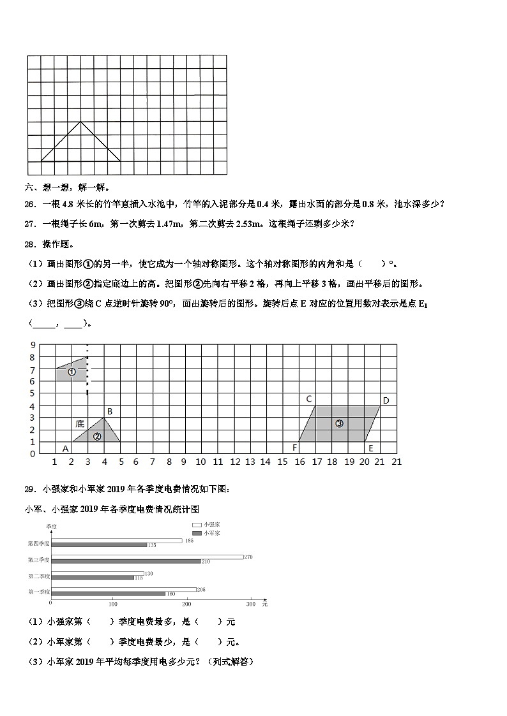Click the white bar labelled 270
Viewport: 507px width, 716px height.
pyautogui.click(x=147, y=557)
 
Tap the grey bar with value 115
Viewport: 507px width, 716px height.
pyautogui.click(x=92, y=578)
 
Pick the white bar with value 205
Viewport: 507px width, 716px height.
pyautogui.click(x=123, y=588)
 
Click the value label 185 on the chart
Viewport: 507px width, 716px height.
pyautogui.click(x=189, y=541)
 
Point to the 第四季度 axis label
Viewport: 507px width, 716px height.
pyautogui.click(x=38, y=543)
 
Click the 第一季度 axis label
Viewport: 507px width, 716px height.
pyautogui.click(x=38, y=592)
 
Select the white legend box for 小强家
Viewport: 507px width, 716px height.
pyautogui.click(x=197, y=524)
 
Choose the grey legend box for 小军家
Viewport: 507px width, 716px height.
pyautogui.click(x=197, y=532)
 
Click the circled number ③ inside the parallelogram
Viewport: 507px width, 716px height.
pyautogui.click(x=339, y=423)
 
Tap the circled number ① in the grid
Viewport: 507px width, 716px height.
pyautogui.click(x=72, y=372)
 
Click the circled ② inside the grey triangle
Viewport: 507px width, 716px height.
pyautogui.click(x=97, y=437)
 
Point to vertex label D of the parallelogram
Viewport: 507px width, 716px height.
pyautogui.click(x=386, y=400)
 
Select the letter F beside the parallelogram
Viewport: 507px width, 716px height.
pyautogui.click(x=295, y=448)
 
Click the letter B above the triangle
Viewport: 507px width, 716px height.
pyautogui.click(x=110, y=411)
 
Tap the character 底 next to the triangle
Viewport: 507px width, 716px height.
pyautogui.click(x=80, y=423)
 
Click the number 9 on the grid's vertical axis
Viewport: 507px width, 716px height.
pyautogui.click(x=32, y=345)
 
